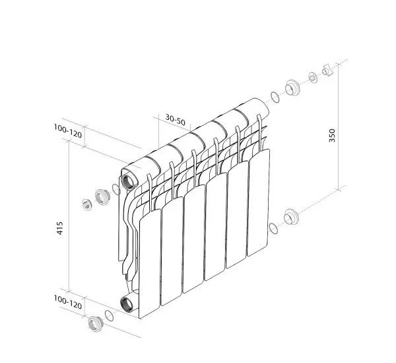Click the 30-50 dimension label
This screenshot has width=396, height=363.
click(176, 119)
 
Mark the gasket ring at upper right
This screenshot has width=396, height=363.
click(274, 99)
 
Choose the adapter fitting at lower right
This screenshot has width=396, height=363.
click(290, 217)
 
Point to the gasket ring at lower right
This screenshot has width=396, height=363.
click(273, 228)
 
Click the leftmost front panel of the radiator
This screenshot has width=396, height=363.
click(150, 261)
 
